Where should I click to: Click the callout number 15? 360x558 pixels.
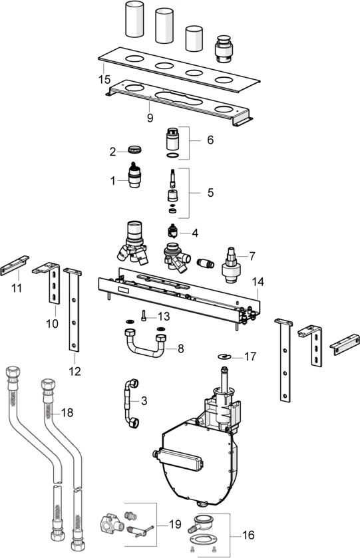(x=103, y=79)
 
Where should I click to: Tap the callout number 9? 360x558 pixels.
(x=150, y=118)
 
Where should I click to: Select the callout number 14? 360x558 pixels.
(x=258, y=282)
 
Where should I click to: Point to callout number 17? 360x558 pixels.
(x=250, y=356)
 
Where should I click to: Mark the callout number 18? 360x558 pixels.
(x=67, y=412)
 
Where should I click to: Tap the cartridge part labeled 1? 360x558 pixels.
(x=136, y=178)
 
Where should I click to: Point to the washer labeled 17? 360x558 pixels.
(x=226, y=357)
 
